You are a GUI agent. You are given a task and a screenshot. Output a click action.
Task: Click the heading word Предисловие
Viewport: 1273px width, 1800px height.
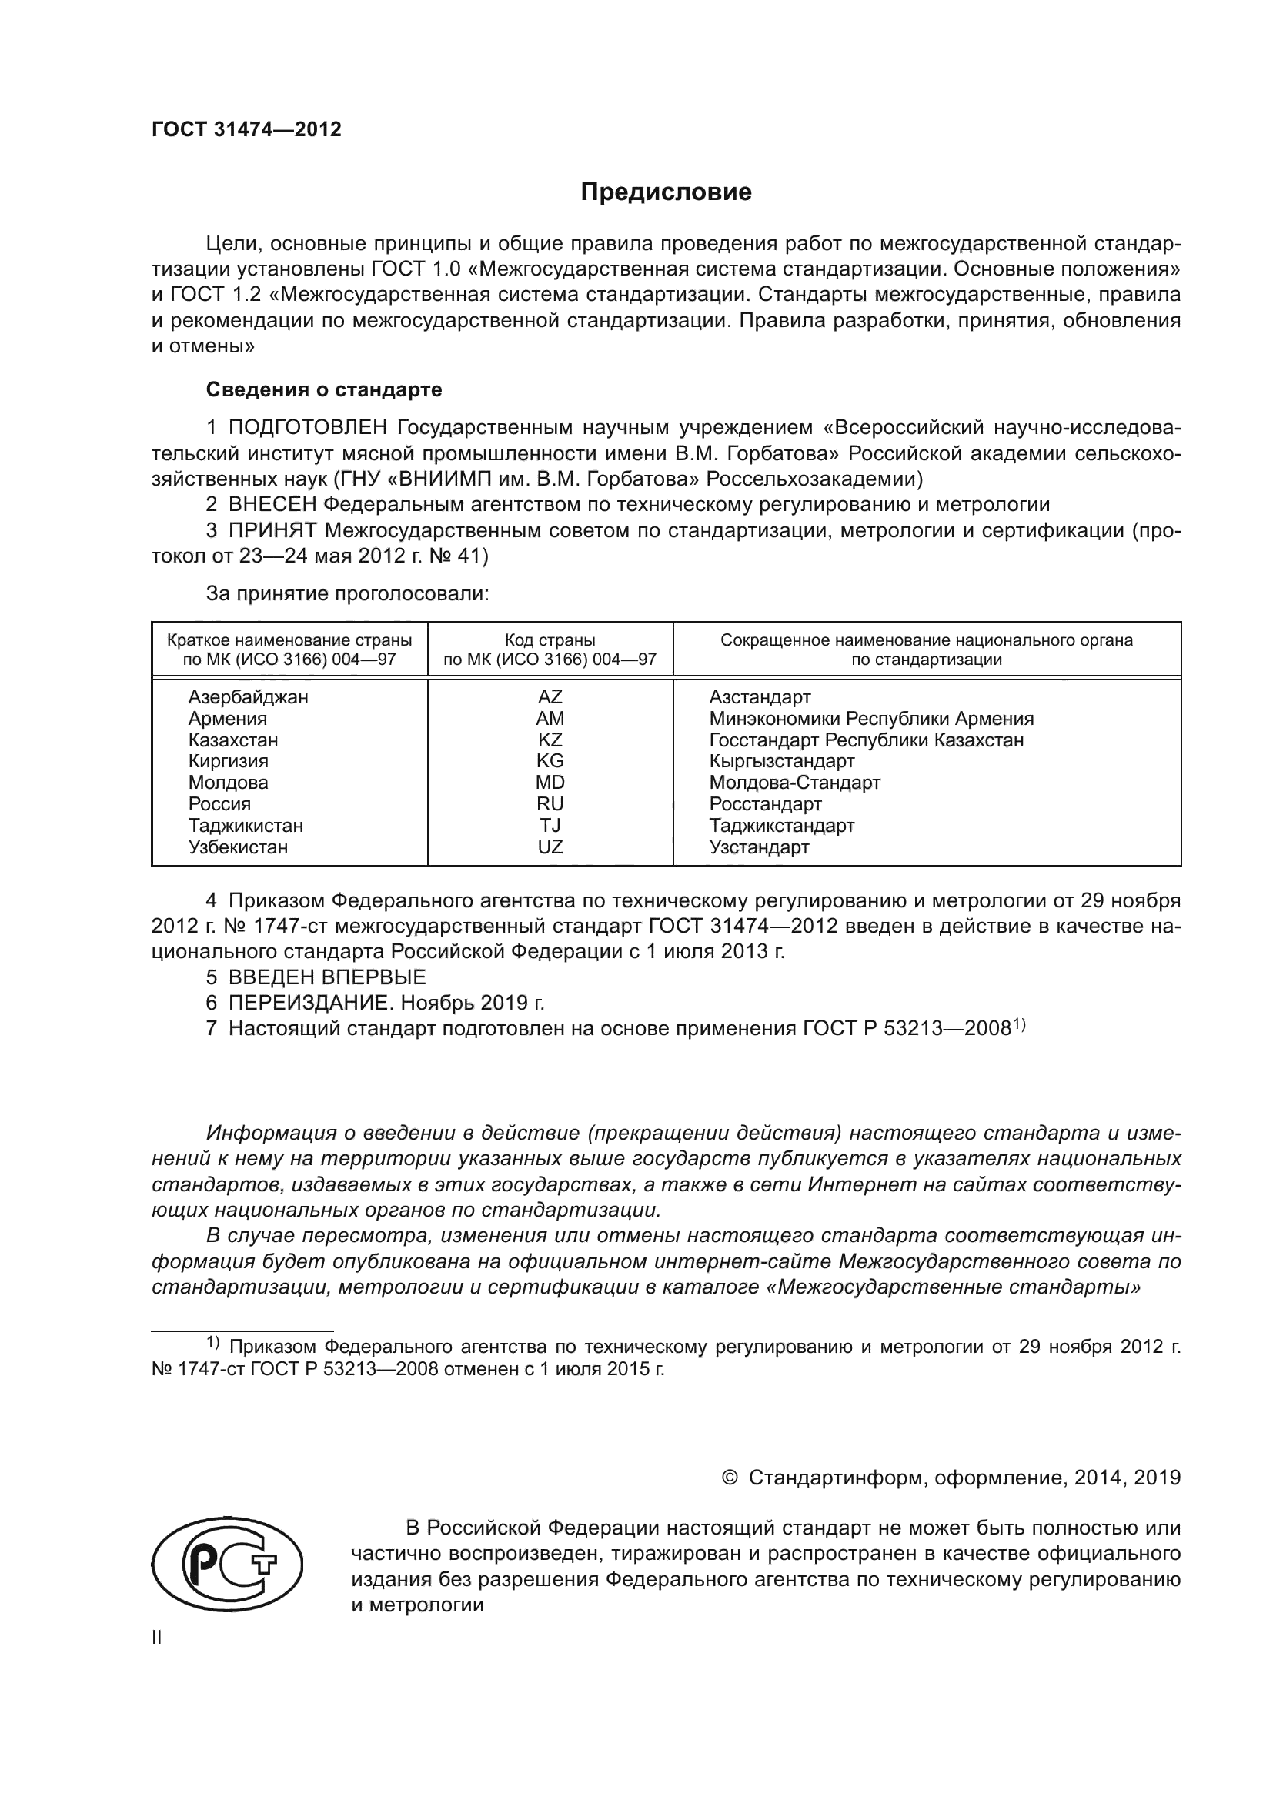tap(666, 192)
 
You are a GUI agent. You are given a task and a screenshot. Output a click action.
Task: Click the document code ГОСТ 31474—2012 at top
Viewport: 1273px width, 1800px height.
tap(246, 129)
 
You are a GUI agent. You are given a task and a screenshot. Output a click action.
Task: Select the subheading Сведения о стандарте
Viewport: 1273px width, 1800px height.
tap(324, 389)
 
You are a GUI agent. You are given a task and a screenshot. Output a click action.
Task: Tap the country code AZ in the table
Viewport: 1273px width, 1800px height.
tap(550, 697)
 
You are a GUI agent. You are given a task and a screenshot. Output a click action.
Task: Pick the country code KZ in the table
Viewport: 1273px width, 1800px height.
tap(550, 740)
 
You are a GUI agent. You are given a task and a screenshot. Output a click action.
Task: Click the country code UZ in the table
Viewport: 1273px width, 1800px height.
tap(550, 847)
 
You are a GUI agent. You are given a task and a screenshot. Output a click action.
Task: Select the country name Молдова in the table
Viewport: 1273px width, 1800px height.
tap(227, 783)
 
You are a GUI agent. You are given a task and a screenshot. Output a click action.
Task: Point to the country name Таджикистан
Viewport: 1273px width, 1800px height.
tap(246, 826)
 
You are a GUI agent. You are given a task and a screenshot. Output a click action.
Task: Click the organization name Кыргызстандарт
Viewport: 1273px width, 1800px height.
tap(781, 761)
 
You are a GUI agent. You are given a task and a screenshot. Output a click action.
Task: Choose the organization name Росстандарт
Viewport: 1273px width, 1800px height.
tap(765, 804)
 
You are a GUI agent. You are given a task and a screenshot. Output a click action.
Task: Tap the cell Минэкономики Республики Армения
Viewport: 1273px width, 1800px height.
tap(871, 719)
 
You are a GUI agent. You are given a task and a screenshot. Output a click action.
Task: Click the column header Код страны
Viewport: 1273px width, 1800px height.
tap(550, 640)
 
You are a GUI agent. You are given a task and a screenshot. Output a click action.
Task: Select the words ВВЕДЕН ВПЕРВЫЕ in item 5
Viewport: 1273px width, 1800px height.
tap(327, 977)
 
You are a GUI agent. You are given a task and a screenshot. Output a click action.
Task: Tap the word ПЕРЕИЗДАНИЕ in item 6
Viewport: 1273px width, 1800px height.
tap(310, 1003)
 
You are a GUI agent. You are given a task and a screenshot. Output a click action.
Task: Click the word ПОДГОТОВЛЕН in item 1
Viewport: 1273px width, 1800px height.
tap(307, 428)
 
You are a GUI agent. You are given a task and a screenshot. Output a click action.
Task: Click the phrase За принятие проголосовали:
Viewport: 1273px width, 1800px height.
tap(347, 594)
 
